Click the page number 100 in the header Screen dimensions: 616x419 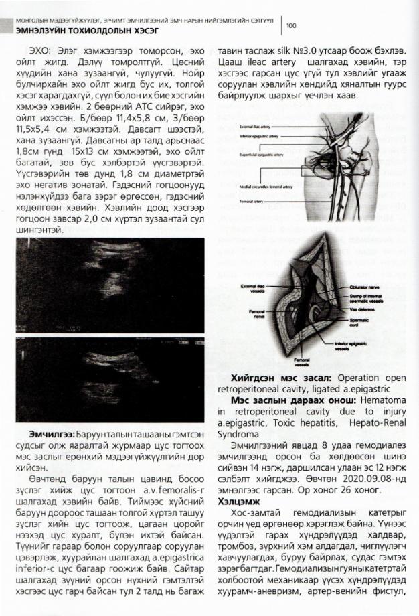(x=291, y=26)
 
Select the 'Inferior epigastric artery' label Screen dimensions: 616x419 (x=255, y=136)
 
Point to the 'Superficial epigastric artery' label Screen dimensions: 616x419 (x=256, y=155)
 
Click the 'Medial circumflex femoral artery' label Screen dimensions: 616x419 (x=258, y=185)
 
